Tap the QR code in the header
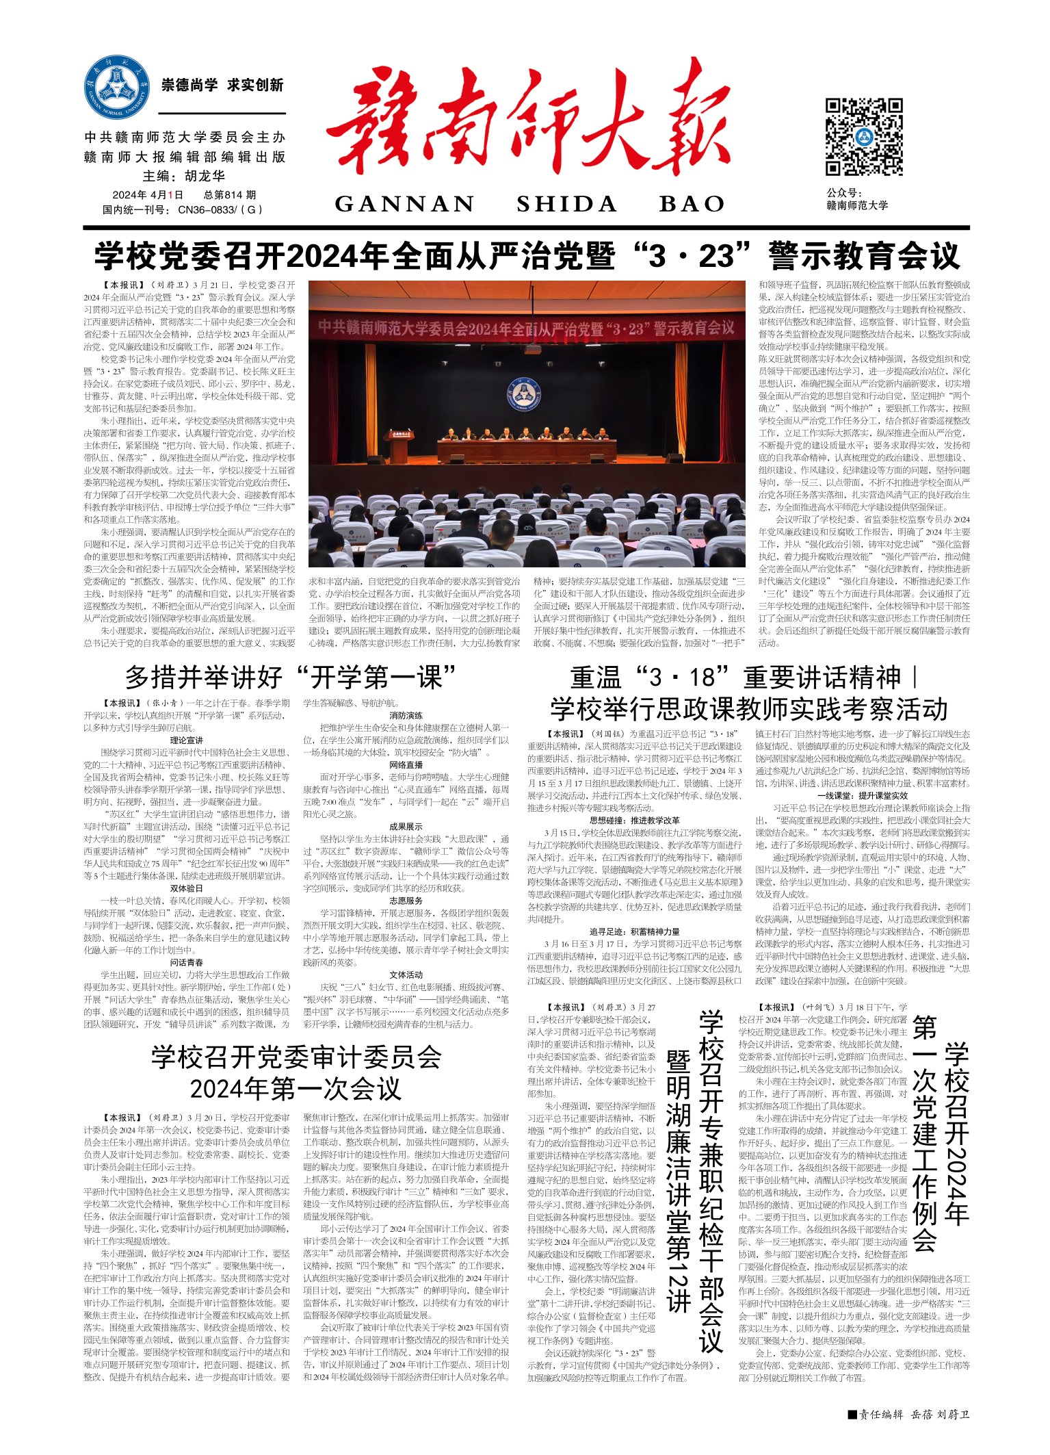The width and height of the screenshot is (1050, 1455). (864, 137)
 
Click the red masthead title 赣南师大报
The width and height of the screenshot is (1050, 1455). (527, 123)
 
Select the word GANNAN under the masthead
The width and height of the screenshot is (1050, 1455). (405, 204)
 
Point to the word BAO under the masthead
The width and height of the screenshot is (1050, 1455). (692, 204)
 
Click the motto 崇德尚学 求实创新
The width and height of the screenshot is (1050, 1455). (222, 86)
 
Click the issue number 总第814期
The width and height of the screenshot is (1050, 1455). (230, 195)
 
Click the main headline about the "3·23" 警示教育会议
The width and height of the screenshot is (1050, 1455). (527, 257)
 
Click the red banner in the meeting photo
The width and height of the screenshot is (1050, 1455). (527, 328)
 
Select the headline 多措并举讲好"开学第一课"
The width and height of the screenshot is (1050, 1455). (291, 678)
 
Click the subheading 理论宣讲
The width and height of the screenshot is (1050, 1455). (186, 741)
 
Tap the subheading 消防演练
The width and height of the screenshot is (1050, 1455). (406, 716)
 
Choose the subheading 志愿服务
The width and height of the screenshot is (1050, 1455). (406, 901)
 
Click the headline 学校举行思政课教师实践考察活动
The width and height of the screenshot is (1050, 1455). (749, 709)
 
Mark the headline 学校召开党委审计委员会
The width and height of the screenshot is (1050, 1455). (296, 1057)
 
